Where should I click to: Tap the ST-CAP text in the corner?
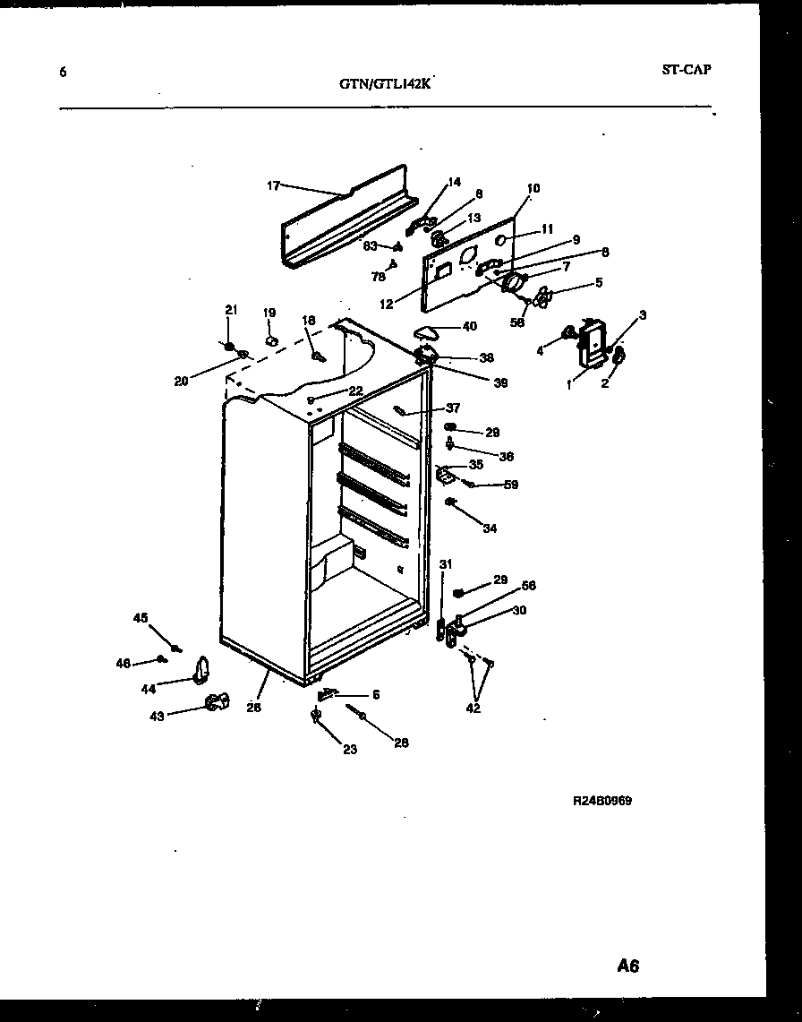pos(687,69)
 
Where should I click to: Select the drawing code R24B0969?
pos(602,801)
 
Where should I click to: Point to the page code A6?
pos(628,966)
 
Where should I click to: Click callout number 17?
pos(273,185)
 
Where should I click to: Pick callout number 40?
pos(469,326)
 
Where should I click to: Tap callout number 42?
pos(473,708)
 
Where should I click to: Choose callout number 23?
pos(349,749)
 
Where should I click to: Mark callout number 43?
pos(157,716)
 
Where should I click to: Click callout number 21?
pos(230,310)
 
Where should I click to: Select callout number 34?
pos(489,528)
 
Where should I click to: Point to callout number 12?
pos(386,304)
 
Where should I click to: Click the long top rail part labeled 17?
pos(345,219)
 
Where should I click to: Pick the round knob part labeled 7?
pos(514,283)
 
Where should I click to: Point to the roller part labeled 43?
pos(215,704)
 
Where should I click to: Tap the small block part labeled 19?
pos(272,339)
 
